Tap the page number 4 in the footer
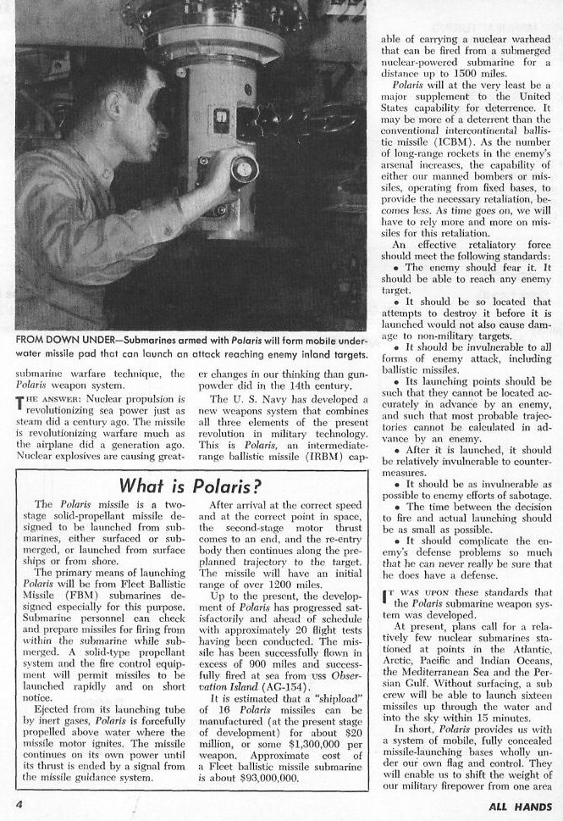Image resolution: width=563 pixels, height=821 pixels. pos(19,801)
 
